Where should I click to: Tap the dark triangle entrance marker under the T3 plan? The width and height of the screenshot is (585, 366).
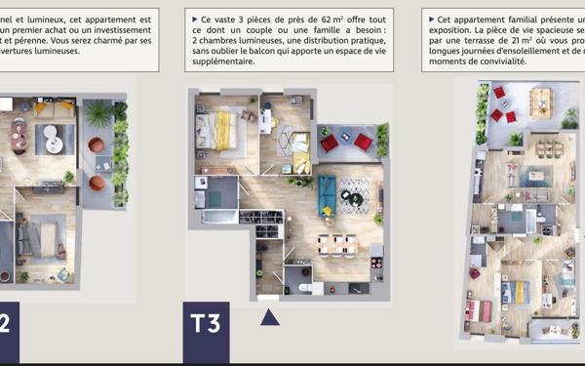(270, 316)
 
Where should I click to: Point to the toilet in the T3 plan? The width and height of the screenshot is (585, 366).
(305, 289)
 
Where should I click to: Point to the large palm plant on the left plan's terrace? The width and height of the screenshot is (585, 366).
(98, 114)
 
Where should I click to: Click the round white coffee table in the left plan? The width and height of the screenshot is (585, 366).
(53, 141)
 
